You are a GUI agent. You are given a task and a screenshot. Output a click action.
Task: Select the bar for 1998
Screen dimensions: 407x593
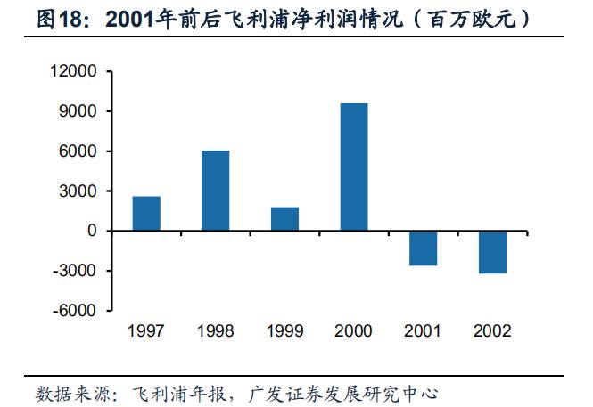pyautogui.click(x=215, y=191)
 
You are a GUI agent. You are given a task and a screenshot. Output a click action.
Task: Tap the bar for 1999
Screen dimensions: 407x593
pyautogui.click(x=284, y=219)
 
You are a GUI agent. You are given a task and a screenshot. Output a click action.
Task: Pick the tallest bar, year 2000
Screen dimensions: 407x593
pyautogui.click(x=353, y=167)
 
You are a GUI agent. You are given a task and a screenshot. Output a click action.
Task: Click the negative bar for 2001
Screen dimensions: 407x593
pyautogui.click(x=423, y=248)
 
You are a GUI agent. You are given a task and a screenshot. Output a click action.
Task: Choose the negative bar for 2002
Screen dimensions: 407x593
pyautogui.click(x=491, y=252)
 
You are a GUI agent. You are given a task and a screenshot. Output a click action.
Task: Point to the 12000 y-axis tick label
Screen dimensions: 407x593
pyautogui.click(x=77, y=71)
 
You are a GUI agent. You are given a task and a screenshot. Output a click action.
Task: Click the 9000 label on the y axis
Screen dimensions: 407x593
pyautogui.click(x=81, y=111)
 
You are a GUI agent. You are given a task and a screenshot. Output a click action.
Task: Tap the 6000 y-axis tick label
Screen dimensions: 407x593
pyautogui.click(x=81, y=151)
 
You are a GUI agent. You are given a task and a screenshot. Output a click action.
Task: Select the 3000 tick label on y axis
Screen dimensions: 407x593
pyautogui.click(x=81, y=191)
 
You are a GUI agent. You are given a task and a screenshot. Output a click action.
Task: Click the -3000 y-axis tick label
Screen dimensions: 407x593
pyautogui.click(x=78, y=271)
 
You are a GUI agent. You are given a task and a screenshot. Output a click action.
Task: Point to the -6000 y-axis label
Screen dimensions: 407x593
pyautogui.click(x=78, y=311)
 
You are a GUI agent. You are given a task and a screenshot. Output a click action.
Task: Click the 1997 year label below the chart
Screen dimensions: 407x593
pyautogui.click(x=146, y=331)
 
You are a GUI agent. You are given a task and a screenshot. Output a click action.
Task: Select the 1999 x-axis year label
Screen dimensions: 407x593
pyautogui.click(x=284, y=331)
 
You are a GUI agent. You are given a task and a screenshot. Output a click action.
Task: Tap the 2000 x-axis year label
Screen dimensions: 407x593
pyautogui.click(x=353, y=331)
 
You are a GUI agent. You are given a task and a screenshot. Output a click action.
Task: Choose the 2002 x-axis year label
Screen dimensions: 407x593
pyautogui.click(x=491, y=331)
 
